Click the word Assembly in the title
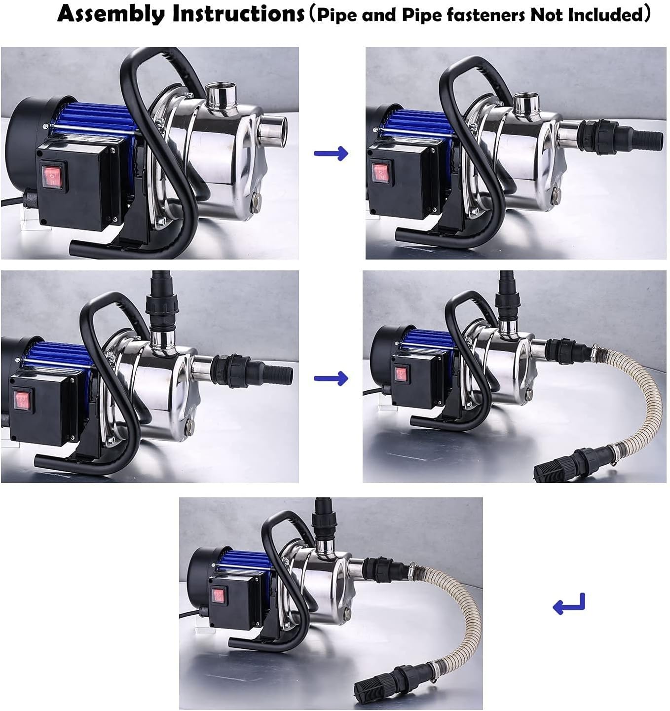(111, 14)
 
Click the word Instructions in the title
(238, 14)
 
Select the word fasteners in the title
(481, 15)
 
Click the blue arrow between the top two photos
(331, 153)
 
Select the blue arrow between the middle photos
(331, 378)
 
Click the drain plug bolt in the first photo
(256, 200)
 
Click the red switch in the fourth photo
(401, 374)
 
